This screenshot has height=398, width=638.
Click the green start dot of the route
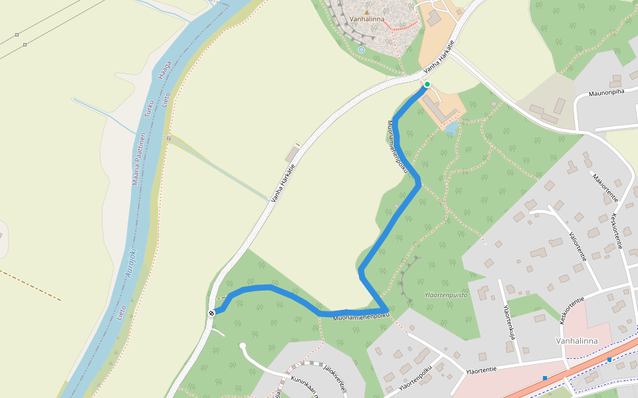point(427,84)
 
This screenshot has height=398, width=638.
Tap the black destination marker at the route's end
point(211,312)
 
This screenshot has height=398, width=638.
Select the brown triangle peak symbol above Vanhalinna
point(366,12)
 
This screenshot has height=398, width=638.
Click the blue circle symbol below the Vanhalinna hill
point(361,50)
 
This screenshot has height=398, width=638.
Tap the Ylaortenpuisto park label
point(446,295)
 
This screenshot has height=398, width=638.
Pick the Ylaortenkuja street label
point(510,321)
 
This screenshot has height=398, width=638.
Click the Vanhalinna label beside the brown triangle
point(366,19)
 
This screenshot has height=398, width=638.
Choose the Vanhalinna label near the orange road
point(576,341)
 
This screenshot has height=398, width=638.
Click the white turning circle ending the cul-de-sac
point(243,346)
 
